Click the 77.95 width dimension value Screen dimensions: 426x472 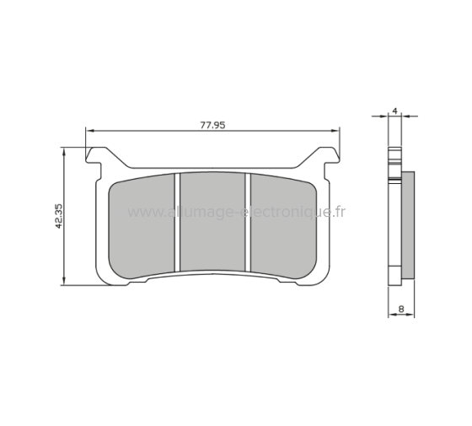click(x=212, y=124)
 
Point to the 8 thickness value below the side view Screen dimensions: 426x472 click(x=403, y=310)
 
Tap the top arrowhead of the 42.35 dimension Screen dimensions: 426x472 click(x=66, y=149)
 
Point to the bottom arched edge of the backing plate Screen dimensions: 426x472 click(x=212, y=275)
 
